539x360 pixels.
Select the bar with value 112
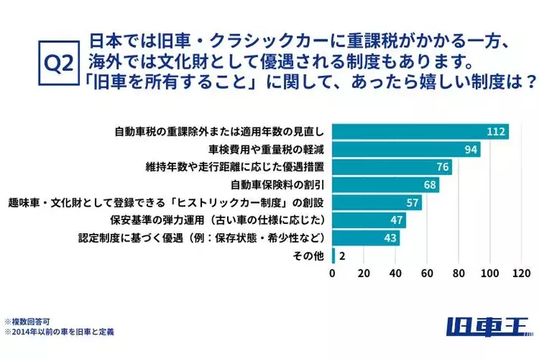420,131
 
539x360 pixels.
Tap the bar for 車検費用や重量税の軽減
406,149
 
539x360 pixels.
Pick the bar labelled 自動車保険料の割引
386,184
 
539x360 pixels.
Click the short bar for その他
334,256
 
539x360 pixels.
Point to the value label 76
442,167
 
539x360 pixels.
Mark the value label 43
390,238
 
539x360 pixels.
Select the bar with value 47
369,220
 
